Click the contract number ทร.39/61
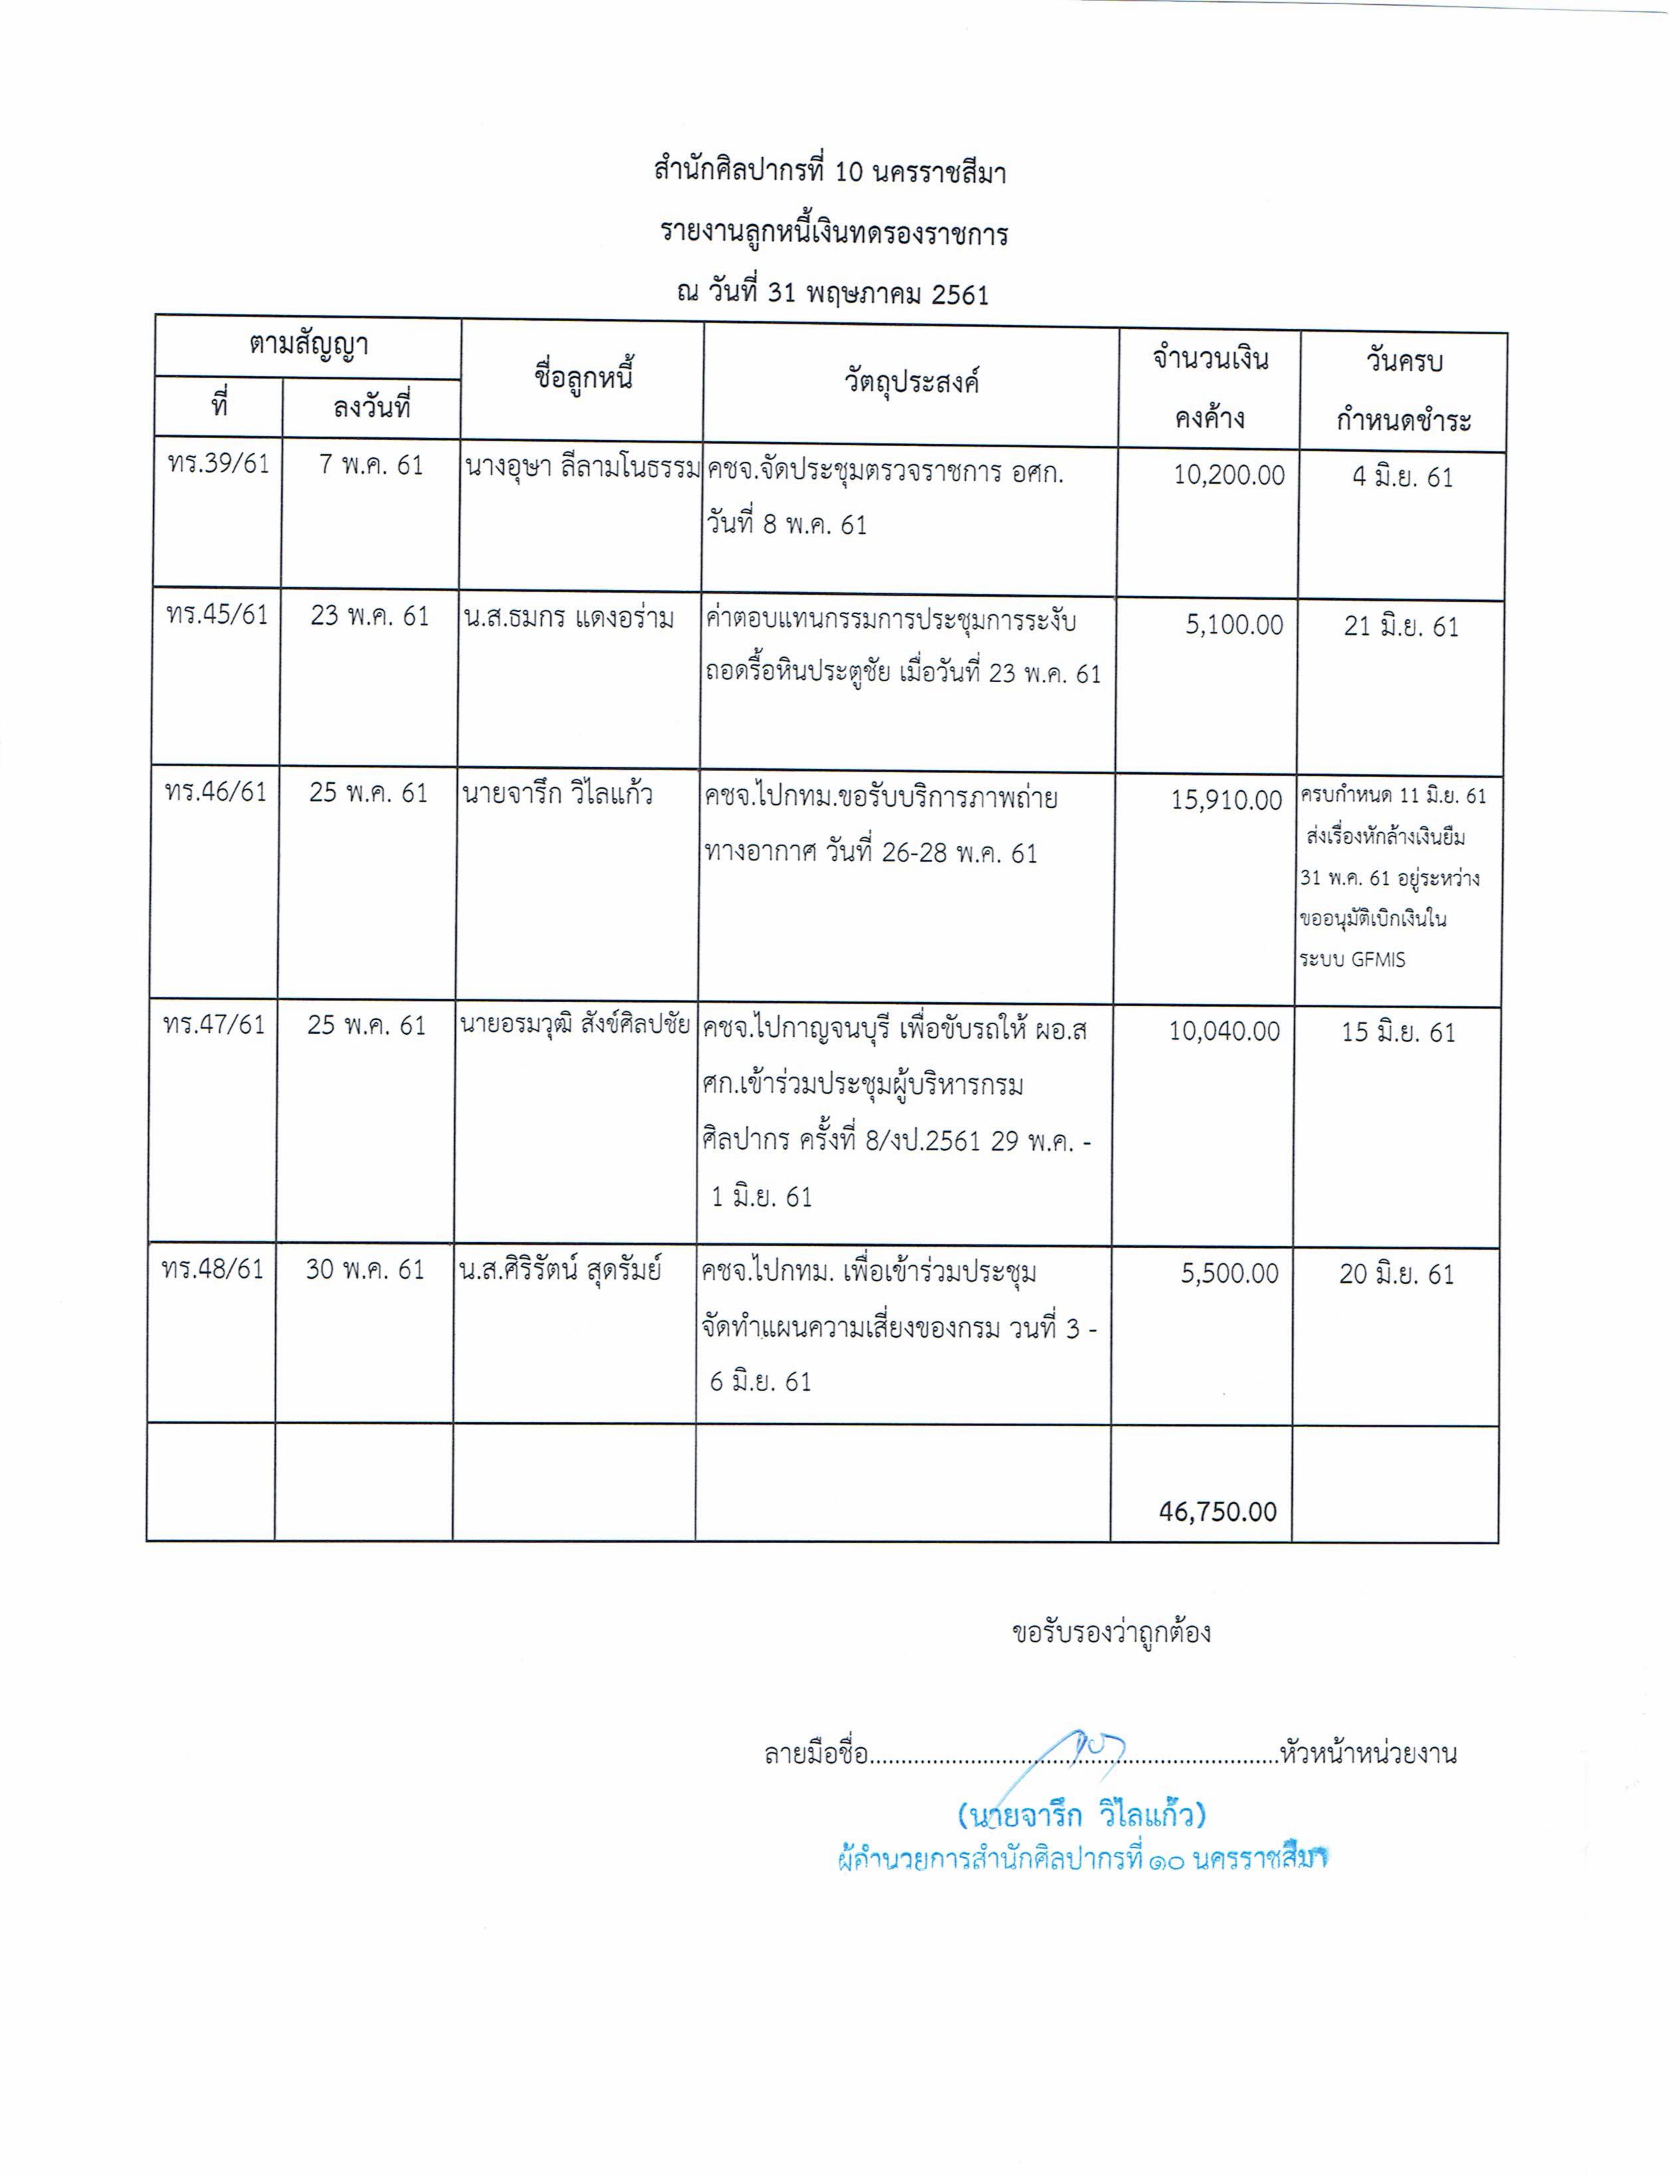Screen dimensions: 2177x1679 point(218,465)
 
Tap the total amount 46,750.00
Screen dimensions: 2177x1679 point(1218,1511)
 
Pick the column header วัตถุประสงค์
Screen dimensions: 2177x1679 point(911,381)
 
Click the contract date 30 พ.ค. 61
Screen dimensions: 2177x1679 point(365,1269)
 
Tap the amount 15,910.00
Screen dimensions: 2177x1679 point(1226,799)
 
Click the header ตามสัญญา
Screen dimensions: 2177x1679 point(308,346)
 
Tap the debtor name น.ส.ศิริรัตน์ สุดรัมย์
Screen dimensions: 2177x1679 point(560,1270)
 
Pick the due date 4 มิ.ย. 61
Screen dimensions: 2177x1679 point(1402,477)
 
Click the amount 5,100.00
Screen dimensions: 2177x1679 point(1234,625)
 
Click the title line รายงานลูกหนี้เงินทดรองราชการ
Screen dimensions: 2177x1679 point(834,233)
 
